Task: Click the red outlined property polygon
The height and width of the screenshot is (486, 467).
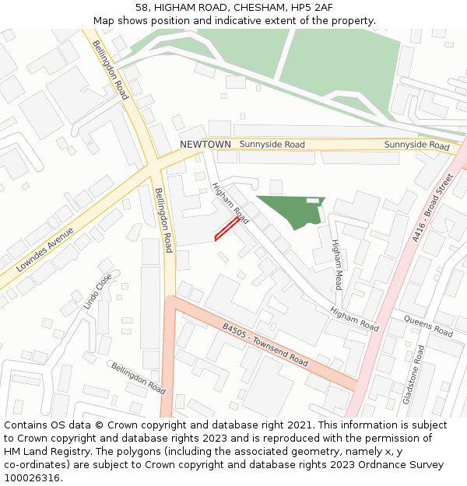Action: coord(227,229)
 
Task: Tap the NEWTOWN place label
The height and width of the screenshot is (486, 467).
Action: coord(205,145)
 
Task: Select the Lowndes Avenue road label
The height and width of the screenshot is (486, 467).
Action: coord(44,249)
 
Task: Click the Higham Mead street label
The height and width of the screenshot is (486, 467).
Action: coord(336,264)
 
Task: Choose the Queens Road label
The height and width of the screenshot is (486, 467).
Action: coord(427,326)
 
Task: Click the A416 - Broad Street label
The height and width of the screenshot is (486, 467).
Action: coord(433,208)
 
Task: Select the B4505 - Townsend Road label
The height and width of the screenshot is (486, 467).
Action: coord(265,345)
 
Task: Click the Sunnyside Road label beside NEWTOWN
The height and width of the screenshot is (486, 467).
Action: coord(272,145)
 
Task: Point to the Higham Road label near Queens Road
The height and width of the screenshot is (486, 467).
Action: coord(353,319)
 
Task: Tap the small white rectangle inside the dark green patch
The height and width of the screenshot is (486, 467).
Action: coord(313,201)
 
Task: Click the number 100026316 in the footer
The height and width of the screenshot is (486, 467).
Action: coord(32,477)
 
